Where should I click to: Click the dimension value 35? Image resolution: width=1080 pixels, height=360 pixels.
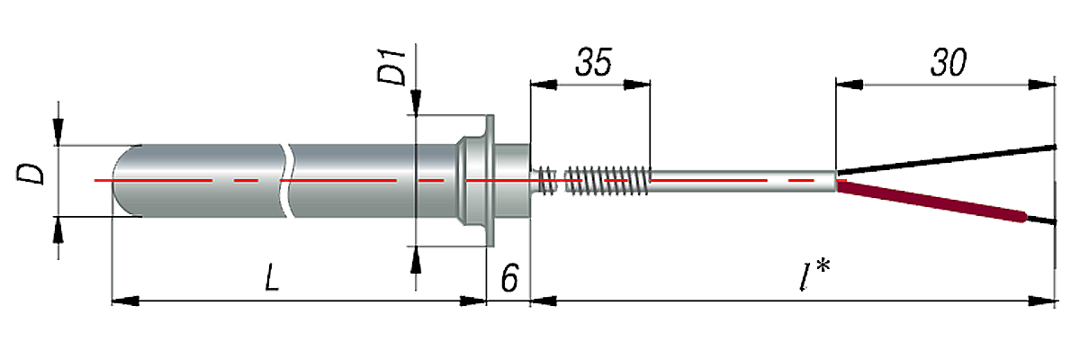click(x=591, y=63)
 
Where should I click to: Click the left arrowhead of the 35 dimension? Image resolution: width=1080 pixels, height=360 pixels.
click(x=539, y=84)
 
